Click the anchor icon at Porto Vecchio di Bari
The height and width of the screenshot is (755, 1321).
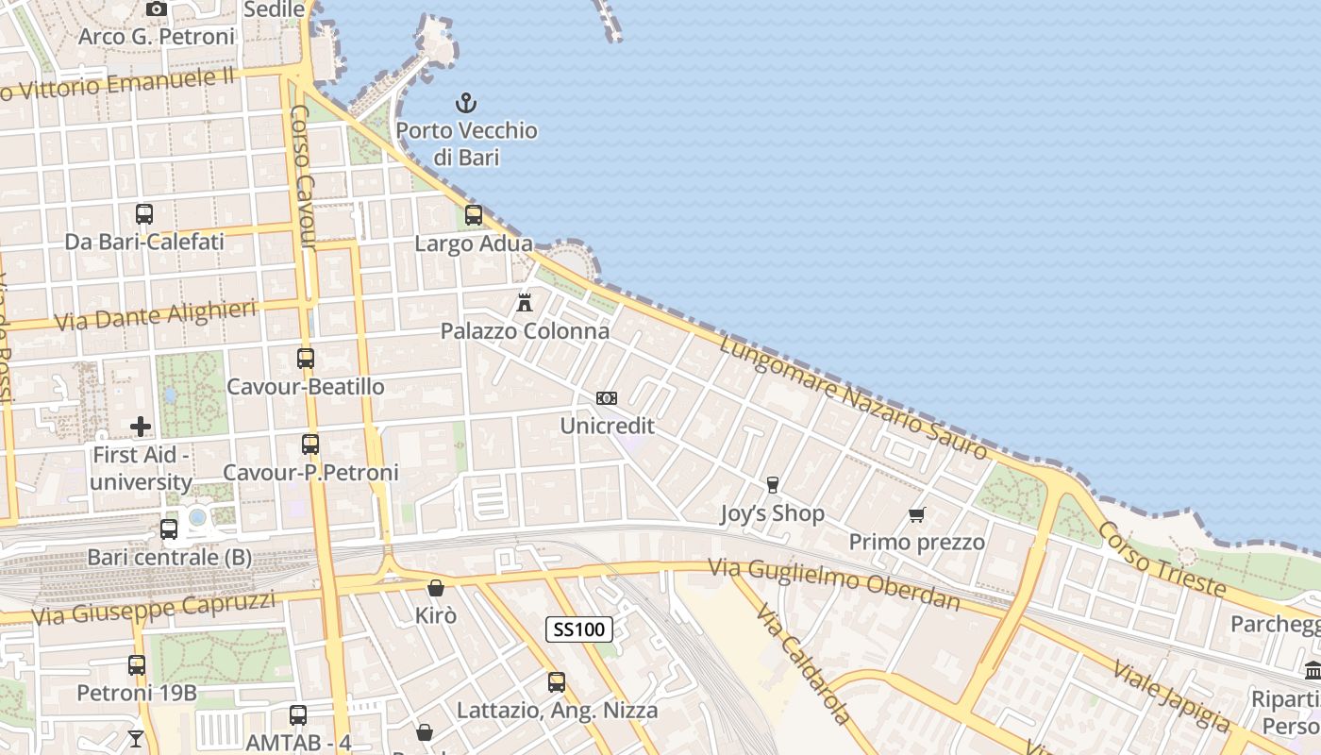point(466,102)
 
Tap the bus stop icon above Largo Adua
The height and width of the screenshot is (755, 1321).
point(474,215)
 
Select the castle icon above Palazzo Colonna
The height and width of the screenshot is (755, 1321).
point(525,303)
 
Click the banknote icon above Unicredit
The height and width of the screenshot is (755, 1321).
point(607,398)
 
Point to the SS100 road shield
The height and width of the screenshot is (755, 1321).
point(579,629)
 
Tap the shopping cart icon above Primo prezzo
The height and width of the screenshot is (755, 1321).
point(916,514)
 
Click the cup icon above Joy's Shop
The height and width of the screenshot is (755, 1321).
point(773,485)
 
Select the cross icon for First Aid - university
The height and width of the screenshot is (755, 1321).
point(141,427)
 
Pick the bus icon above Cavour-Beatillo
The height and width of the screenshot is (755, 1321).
point(306,359)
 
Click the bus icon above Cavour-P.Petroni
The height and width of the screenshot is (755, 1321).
point(310,445)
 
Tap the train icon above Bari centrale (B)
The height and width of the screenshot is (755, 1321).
point(169,529)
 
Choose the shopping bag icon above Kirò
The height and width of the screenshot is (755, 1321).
point(436,588)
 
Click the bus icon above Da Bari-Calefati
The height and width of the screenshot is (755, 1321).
point(144,214)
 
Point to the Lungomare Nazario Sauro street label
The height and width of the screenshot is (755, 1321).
point(853,397)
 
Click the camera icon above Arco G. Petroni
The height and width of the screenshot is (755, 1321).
point(157,9)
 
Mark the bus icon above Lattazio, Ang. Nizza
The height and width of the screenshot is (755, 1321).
point(557,681)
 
